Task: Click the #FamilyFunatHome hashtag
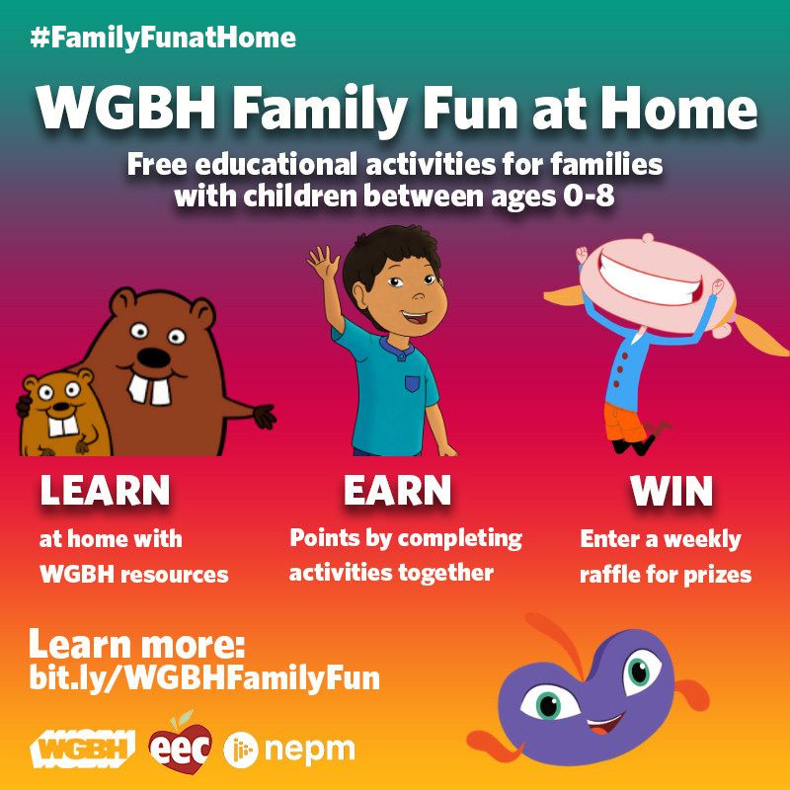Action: coord(163,39)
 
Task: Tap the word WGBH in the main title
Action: coord(126,108)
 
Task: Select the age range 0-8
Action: coord(589,196)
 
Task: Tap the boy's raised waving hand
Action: coord(323,262)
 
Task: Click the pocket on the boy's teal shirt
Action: coord(412,384)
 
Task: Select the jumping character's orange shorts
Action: coord(625,422)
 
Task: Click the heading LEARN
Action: coord(105,490)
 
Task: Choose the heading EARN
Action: coord(397,490)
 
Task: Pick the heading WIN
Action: coord(671,490)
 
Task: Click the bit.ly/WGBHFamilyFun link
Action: coord(204,677)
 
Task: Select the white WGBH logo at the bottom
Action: coord(82,749)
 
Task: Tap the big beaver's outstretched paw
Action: coord(264,416)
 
